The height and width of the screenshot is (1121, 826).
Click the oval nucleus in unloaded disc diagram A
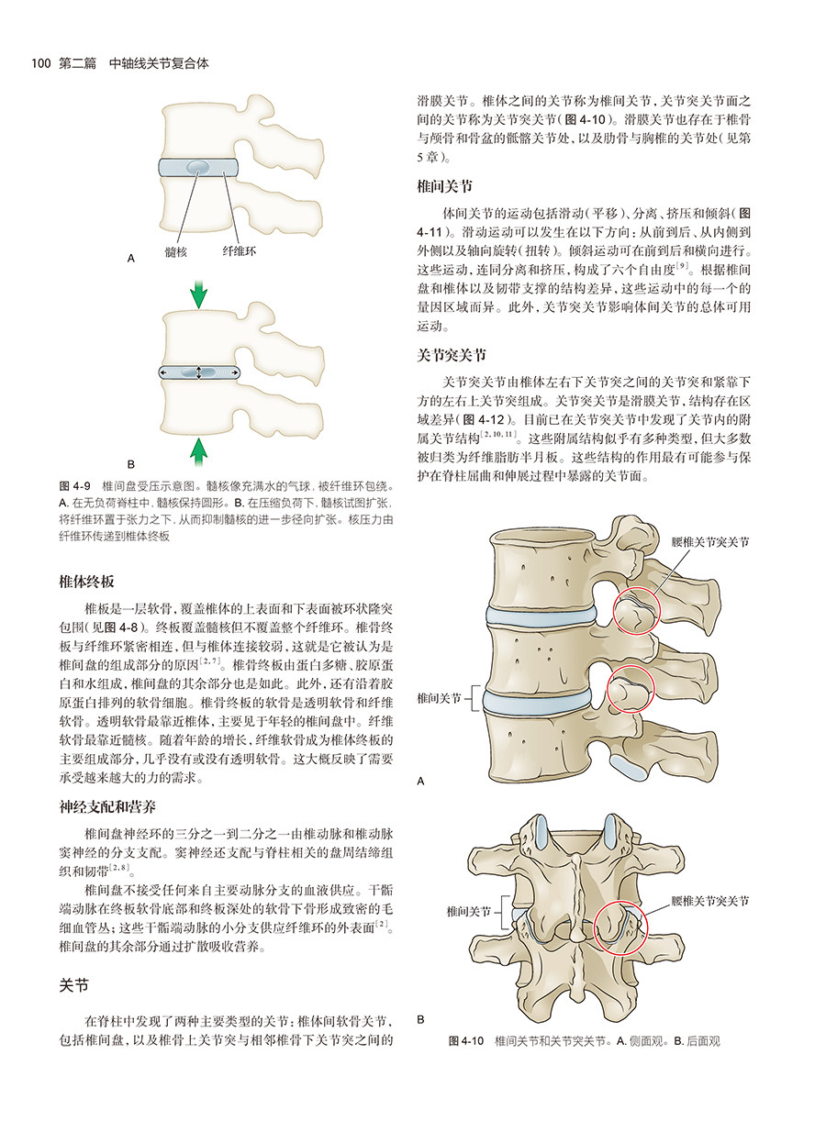point(198,168)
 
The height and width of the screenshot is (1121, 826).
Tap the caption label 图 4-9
point(73,483)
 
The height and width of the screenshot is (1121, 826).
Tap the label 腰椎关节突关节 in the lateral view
point(710,542)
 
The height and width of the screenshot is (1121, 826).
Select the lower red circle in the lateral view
point(632,688)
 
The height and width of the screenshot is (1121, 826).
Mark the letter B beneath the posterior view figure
point(420,1019)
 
